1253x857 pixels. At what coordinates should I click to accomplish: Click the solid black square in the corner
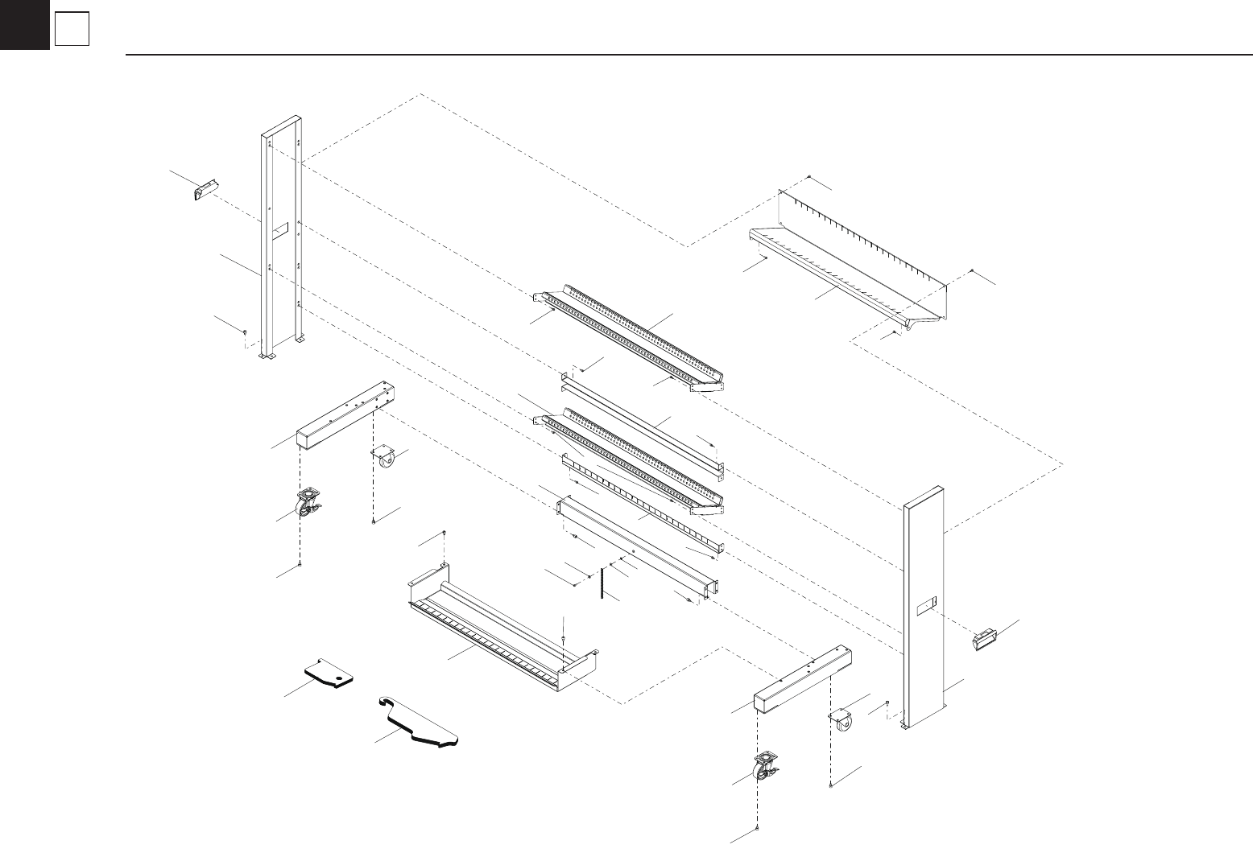pos(24,24)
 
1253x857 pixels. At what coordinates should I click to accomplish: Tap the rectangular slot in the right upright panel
pos(928,604)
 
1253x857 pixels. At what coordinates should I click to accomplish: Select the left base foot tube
pos(346,418)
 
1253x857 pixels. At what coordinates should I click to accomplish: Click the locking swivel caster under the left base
pos(307,505)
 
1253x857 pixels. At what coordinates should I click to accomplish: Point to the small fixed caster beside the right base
pos(842,720)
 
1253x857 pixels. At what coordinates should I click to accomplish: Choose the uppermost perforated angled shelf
pos(628,338)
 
